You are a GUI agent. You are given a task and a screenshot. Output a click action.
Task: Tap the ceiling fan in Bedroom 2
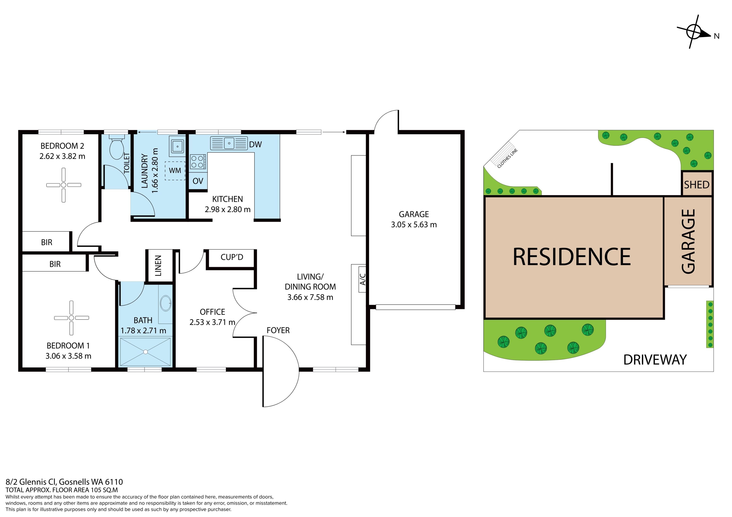pos(63,185)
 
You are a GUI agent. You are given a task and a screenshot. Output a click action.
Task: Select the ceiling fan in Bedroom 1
pos(71,318)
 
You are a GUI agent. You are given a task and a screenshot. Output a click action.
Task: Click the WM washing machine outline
pos(175,171)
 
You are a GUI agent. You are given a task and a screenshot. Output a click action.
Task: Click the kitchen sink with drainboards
pos(229,143)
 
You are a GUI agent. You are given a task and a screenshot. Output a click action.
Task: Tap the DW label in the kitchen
pos(255,145)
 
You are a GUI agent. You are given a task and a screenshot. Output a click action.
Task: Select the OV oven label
pos(198,181)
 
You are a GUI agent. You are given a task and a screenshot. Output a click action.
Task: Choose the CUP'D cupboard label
pos(232,257)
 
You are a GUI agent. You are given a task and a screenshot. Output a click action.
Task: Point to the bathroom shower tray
pos(145,352)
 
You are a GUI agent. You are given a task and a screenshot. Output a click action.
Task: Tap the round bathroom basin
pos(165,303)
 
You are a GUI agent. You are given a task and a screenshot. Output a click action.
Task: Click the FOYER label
pos(278,330)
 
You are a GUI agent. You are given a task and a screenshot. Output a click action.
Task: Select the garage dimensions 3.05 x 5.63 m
pos(414,225)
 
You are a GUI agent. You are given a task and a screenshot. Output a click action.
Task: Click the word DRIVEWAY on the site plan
pos(655,360)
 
